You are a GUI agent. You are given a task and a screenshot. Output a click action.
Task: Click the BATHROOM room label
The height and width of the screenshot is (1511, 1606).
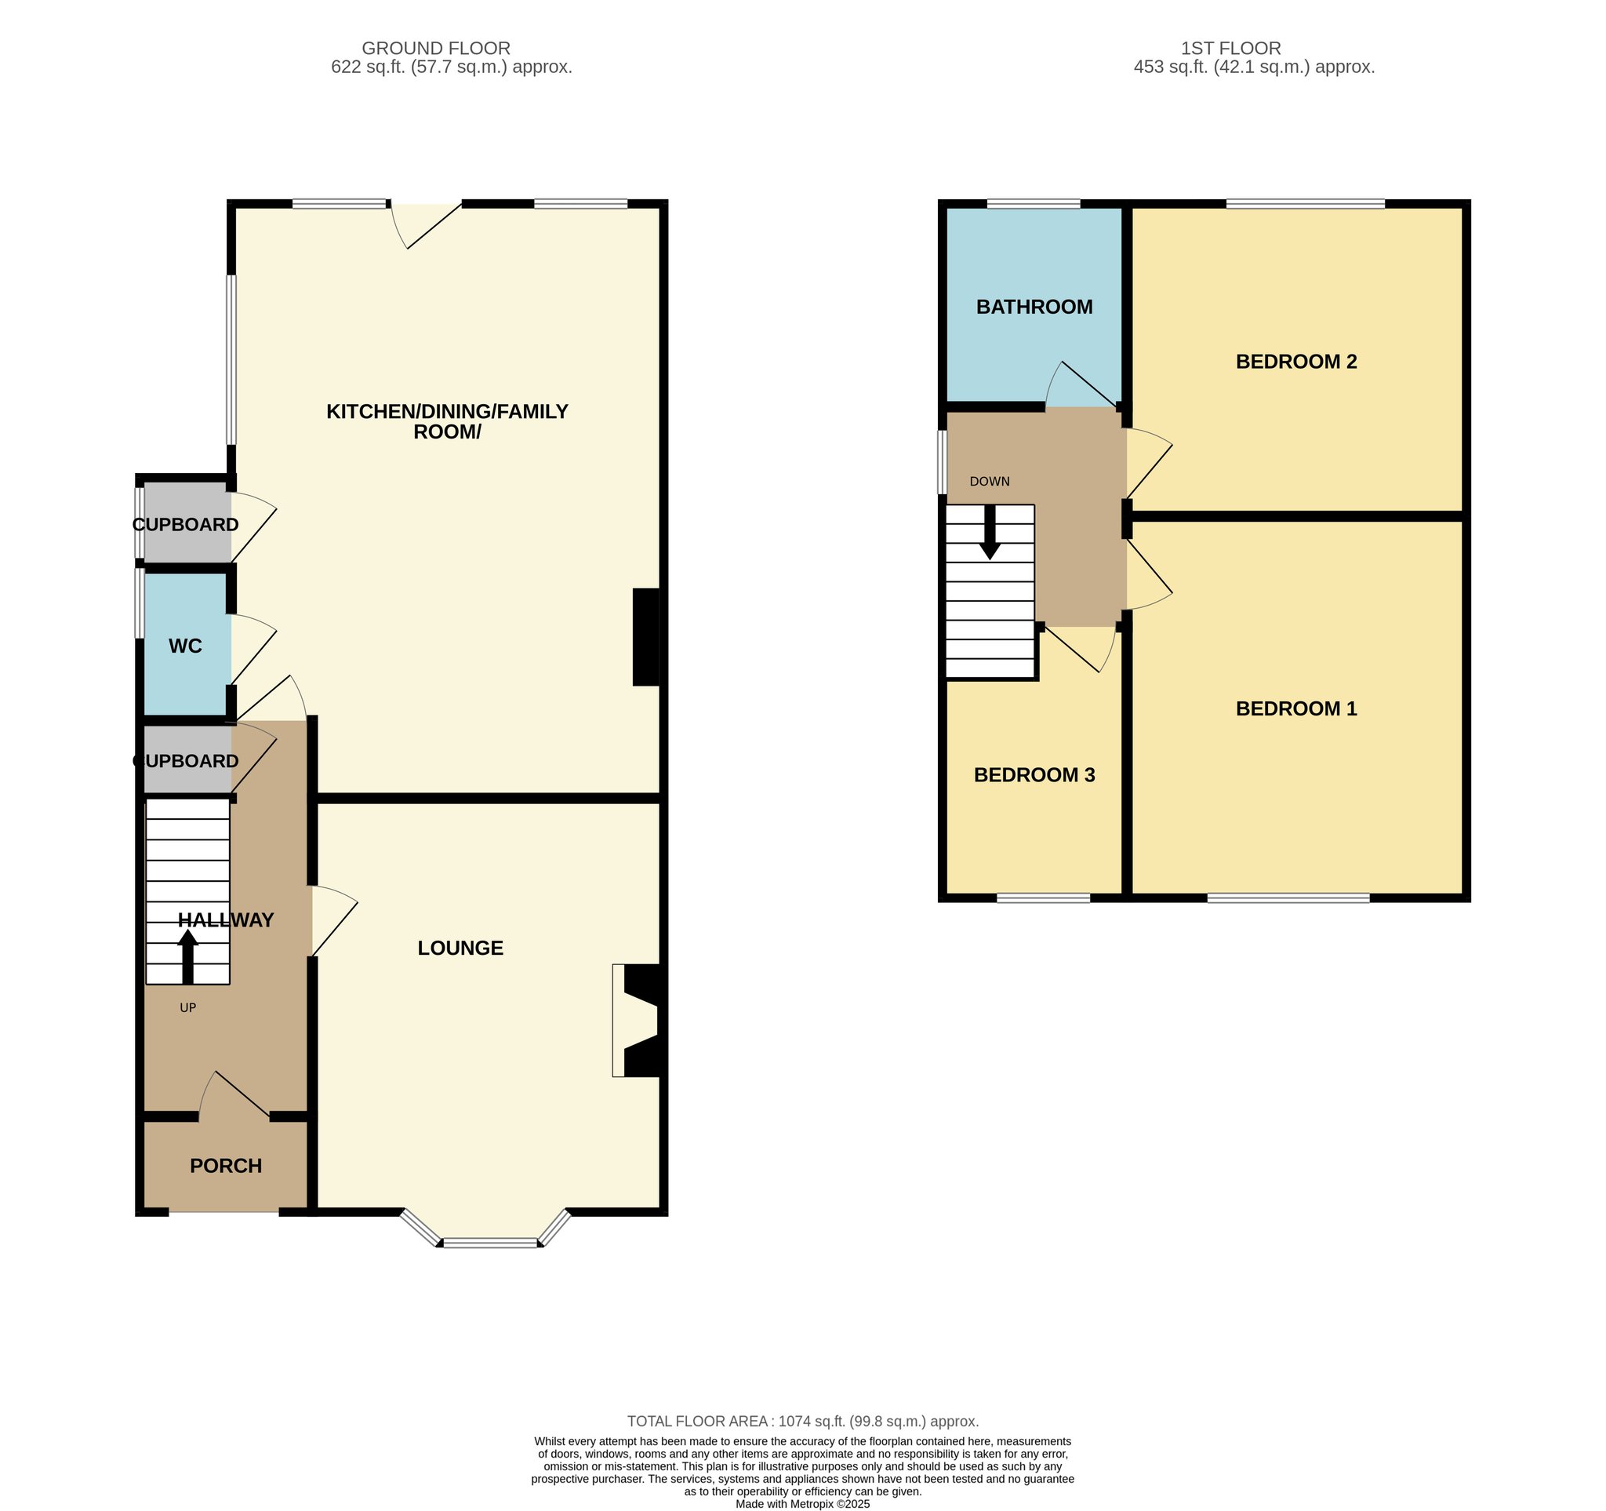point(1034,307)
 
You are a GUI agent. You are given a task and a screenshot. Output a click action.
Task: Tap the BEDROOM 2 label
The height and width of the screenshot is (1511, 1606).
point(1295,361)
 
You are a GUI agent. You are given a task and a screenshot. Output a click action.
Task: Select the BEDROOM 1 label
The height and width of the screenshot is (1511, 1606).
point(1295,708)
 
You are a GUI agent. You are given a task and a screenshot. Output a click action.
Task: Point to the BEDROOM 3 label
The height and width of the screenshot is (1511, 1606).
point(1034,775)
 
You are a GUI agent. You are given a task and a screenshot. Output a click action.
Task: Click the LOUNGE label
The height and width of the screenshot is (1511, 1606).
point(460,948)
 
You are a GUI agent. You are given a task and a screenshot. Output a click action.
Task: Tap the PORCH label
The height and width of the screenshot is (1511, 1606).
point(226,1166)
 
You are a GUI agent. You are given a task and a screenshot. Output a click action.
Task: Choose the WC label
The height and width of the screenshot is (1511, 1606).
point(185,646)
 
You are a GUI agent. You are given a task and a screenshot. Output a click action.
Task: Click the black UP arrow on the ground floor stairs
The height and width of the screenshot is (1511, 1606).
point(187,956)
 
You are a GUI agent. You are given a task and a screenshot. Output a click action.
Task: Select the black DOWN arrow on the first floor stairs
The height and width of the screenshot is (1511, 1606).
point(990,532)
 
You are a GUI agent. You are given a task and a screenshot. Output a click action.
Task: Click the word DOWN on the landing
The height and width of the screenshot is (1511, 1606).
point(990,482)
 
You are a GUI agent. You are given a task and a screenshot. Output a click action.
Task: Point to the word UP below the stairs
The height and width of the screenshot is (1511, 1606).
point(187,1007)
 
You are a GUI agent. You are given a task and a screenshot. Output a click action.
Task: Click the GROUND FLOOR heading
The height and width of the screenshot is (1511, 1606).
point(436,49)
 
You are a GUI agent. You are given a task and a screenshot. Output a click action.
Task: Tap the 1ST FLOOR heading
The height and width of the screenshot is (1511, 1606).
point(1231,49)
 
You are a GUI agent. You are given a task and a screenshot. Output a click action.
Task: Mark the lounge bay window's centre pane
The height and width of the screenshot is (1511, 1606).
point(491,1243)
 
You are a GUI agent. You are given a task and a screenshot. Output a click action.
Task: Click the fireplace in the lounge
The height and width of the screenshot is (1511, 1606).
point(639,1020)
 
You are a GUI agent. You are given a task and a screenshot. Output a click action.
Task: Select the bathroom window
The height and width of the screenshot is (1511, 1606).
point(1034,204)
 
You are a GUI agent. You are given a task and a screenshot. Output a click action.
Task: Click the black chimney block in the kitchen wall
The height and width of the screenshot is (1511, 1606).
point(646,637)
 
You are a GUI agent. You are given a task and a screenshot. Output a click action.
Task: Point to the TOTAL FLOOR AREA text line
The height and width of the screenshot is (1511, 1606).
point(803,1422)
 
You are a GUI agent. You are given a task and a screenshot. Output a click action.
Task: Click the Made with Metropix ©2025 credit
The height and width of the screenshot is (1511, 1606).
point(803,1505)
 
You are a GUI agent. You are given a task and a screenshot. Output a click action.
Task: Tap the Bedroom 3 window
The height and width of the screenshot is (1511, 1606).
point(1043,897)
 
